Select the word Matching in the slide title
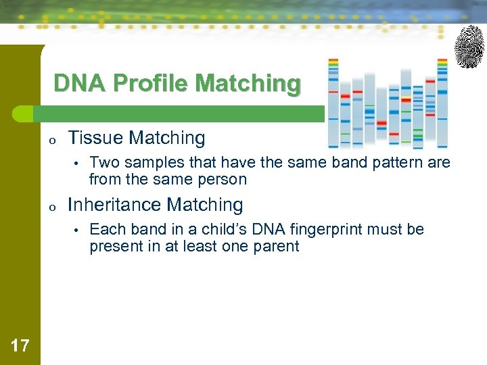pos(248,84)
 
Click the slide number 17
pos(20,347)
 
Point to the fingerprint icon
pos(469,46)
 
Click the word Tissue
pos(96,138)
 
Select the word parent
pos(276,246)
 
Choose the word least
pos(191,246)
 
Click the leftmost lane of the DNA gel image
pos(333,101)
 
